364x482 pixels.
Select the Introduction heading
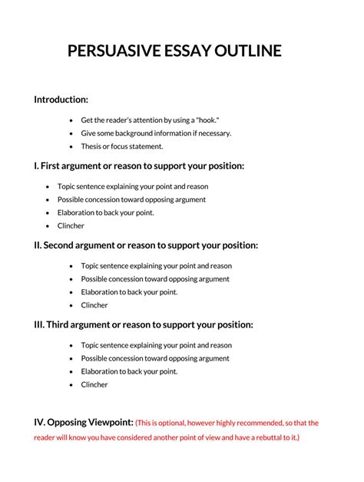pyautogui.click(x=61, y=99)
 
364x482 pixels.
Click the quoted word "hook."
pyautogui.click(x=207, y=120)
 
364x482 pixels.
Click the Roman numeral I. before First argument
pyautogui.click(x=36, y=166)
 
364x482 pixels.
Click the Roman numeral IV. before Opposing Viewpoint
pyautogui.click(x=39, y=422)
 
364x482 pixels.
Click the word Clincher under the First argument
pyautogui.click(x=71, y=226)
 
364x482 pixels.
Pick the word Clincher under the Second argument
pyautogui.click(x=94, y=305)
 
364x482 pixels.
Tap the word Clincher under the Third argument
pyautogui.click(x=94, y=384)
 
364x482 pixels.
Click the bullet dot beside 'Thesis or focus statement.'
pyautogui.click(x=71, y=146)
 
